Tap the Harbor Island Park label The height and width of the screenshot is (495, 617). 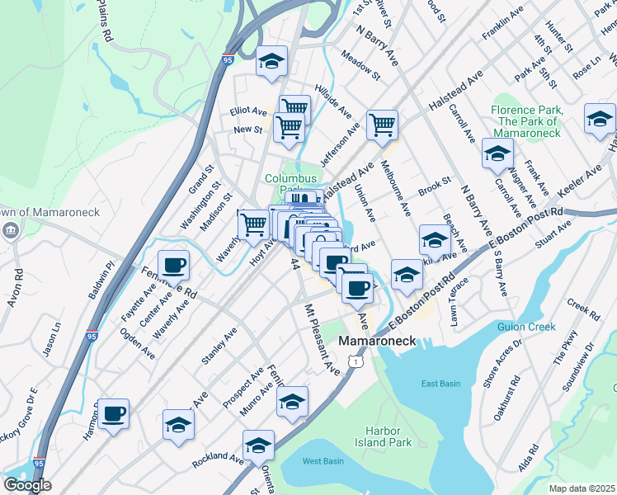tap(389, 436)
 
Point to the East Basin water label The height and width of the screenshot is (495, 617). tap(440, 384)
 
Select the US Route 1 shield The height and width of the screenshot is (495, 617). tap(355, 361)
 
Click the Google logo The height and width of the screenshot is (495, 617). tap(27, 485)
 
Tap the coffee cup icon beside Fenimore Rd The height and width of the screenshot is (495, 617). tap(173, 266)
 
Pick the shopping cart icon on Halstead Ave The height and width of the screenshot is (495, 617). tap(382, 125)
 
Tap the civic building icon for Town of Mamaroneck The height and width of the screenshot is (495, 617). tap(12, 229)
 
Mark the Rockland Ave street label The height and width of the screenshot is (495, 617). tap(218, 460)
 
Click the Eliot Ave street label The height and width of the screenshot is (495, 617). tap(248, 111)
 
